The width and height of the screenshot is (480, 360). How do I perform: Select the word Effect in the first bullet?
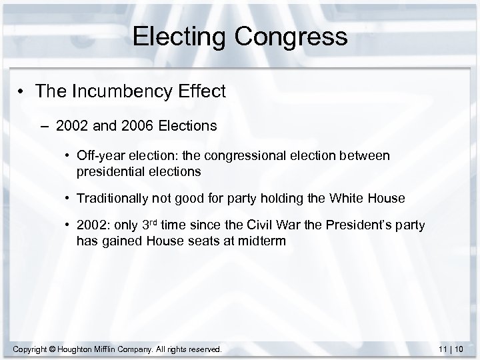[203, 91]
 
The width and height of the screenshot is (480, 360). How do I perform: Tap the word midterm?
[264, 240]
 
